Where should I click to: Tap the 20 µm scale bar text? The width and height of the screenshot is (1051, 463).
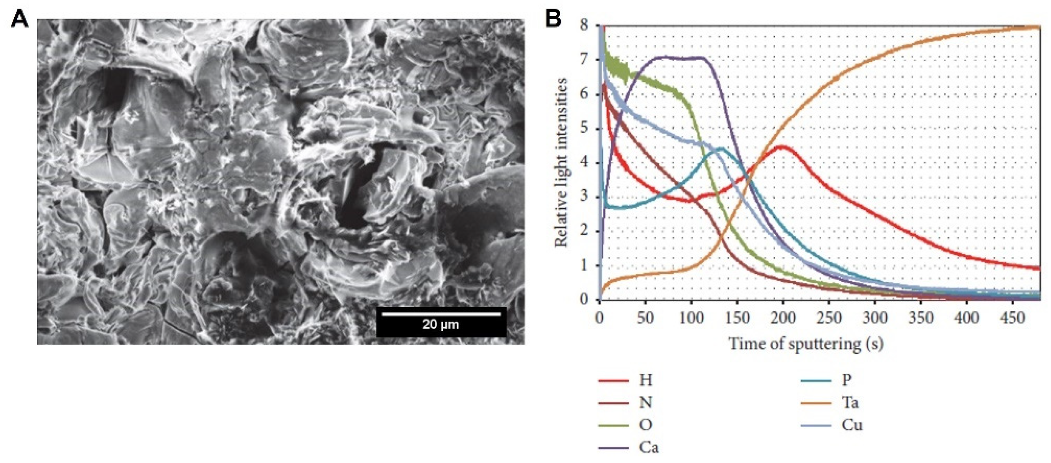click(441, 324)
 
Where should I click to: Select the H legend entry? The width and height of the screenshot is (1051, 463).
click(645, 380)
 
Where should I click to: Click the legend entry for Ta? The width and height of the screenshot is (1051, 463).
click(850, 403)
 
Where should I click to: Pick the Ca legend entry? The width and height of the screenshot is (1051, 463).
click(649, 447)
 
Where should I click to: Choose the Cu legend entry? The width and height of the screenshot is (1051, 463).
click(851, 425)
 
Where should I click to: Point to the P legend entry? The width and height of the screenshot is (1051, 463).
click(847, 380)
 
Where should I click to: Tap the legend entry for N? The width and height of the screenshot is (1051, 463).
click(645, 403)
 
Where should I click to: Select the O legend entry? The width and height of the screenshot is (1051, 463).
click(645, 425)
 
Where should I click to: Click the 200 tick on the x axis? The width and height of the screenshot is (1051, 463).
click(783, 317)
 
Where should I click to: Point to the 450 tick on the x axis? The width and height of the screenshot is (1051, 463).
click(1013, 317)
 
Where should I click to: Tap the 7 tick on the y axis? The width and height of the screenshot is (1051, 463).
click(584, 60)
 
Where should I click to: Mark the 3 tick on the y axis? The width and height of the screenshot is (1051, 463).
click(584, 197)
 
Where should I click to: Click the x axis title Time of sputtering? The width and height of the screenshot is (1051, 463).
click(806, 344)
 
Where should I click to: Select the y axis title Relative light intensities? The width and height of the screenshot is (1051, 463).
click(561, 162)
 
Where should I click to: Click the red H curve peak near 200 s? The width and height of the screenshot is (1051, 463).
click(783, 146)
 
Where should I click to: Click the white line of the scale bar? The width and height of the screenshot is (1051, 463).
click(441, 314)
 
